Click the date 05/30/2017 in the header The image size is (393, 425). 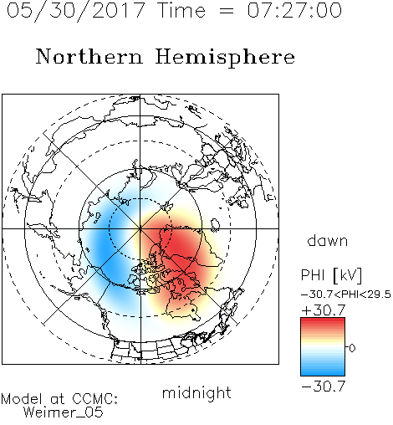76,11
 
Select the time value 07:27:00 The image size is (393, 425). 294,10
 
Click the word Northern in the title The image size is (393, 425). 89,56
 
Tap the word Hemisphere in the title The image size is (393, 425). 225,58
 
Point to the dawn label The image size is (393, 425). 328,240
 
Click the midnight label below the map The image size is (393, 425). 196,392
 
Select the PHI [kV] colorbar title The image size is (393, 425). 331,275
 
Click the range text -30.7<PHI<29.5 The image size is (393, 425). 346,294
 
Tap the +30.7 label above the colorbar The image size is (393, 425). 324,310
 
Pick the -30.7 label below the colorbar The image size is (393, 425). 324,387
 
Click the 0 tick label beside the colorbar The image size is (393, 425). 352,348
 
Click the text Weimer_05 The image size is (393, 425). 64,412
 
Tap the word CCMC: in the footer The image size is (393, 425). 94,399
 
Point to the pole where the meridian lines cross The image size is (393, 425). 140,228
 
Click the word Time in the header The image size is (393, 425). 181,10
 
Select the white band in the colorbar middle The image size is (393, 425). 323,347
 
